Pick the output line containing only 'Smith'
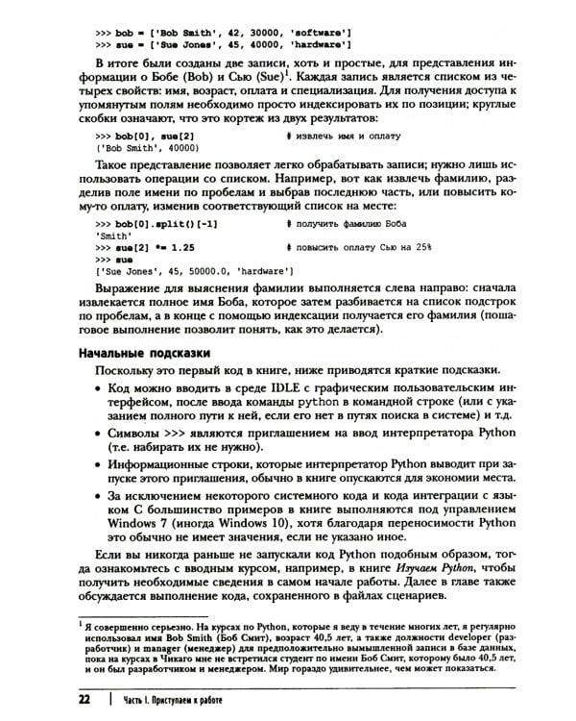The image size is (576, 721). tap(115, 234)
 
